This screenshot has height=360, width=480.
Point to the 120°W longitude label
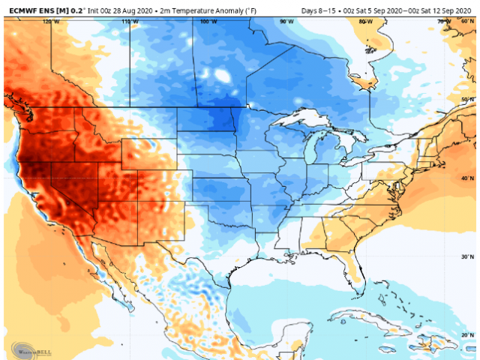pyautogui.click(x=51, y=22)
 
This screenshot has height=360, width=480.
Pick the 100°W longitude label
pyautogui.click(x=208, y=22)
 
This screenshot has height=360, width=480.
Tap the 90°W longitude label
pyautogui.click(x=286, y=22)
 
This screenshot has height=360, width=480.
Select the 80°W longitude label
pyautogui.click(x=365, y=22)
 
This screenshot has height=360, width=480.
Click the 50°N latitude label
pyautogui.click(x=467, y=100)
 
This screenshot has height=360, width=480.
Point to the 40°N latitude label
pyautogui.click(x=467, y=178)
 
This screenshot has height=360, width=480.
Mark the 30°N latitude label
pyautogui.click(x=467, y=256)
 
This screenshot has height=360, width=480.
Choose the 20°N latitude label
pyautogui.click(x=467, y=334)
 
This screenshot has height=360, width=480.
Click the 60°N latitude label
pyautogui.click(x=467, y=22)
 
